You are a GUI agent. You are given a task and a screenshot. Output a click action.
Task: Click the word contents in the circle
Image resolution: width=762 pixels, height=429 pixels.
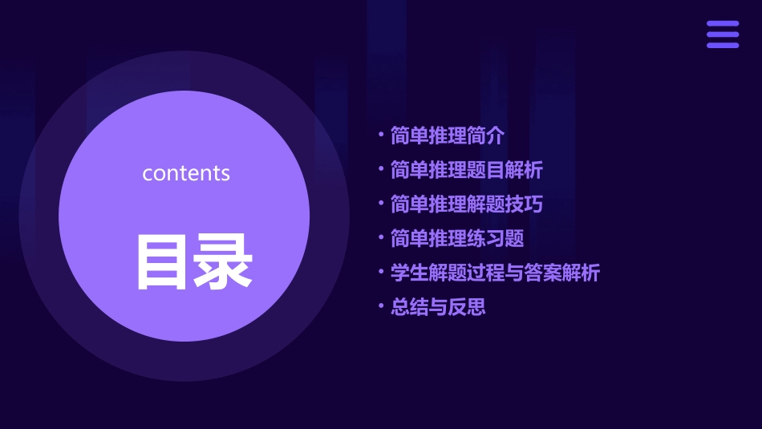(x=186, y=173)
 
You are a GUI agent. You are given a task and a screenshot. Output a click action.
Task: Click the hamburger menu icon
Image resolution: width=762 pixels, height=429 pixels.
(x=723, y=34)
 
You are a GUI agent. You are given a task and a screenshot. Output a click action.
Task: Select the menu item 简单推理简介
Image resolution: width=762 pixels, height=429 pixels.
(x=448, y=136)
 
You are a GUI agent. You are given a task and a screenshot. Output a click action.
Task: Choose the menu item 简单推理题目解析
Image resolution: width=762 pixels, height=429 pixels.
(x=466, y=170)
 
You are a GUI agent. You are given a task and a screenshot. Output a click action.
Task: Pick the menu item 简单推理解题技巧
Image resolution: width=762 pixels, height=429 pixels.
(x=466, y=204)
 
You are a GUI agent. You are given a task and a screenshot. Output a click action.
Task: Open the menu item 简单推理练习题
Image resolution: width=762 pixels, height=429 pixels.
(x=457, y=238)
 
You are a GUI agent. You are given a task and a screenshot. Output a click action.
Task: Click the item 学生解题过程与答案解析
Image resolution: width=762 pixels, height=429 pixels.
(x=495, y=273)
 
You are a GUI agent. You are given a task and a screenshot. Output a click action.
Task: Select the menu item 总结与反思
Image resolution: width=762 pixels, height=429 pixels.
(x=438, y=307)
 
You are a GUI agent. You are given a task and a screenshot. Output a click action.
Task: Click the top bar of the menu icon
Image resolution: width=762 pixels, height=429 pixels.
(x=723, y=24)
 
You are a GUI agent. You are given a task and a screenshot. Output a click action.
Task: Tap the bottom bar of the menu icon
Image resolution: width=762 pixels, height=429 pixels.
(x=723, y=45)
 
